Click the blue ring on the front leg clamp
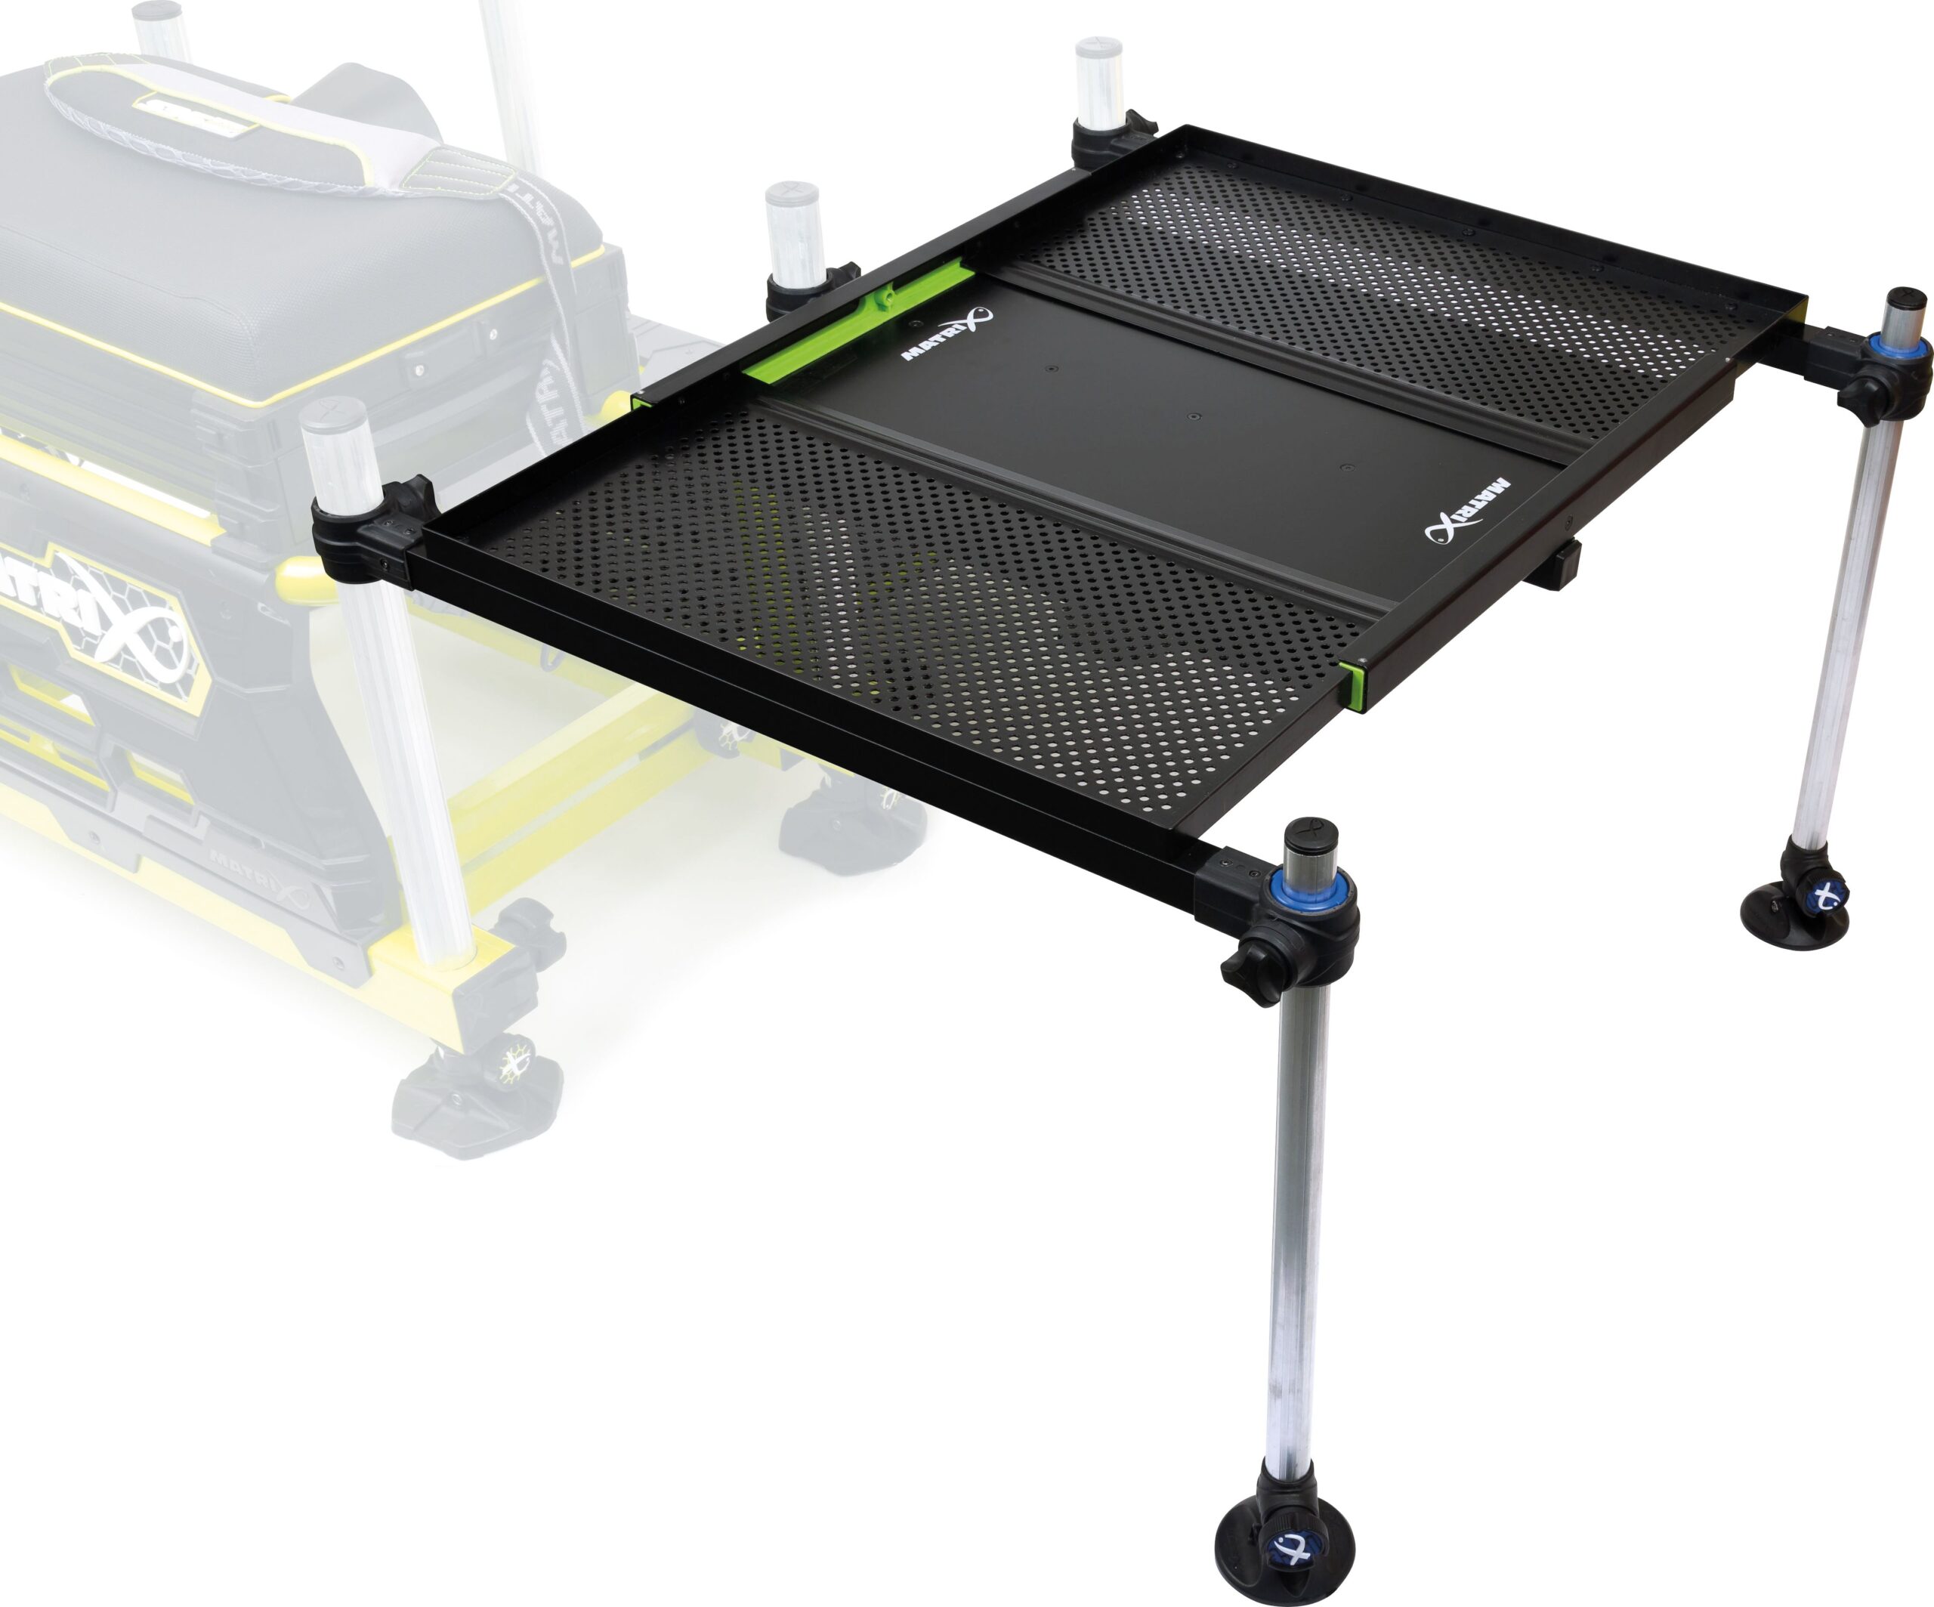(1311, 892)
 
